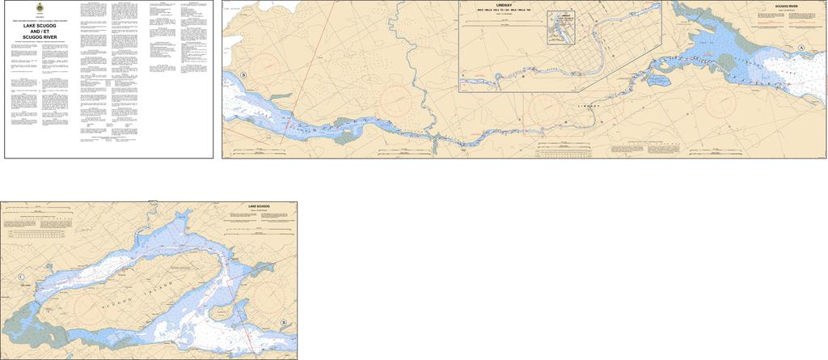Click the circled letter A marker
point(801,49)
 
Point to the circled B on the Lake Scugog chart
point(283,323)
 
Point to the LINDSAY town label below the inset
point(591,106)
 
